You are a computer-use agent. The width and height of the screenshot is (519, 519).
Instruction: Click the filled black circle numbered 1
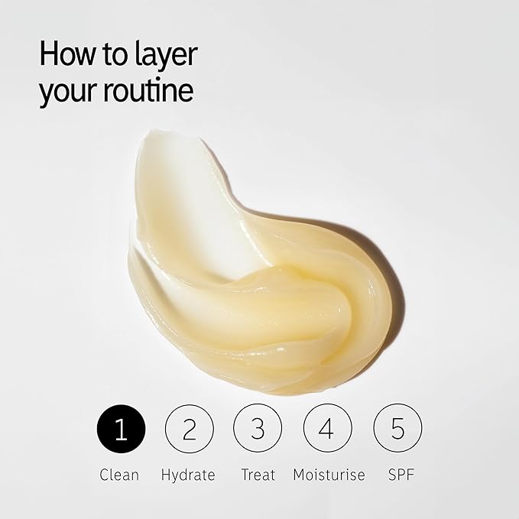[121, 429]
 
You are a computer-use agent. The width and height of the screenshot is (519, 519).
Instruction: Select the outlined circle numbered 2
[190, 429]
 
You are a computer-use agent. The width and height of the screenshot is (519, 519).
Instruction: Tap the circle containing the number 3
[258, 429]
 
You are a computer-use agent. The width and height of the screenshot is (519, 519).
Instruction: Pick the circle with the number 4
[328, 429]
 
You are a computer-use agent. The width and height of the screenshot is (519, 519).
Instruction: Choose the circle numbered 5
[398, 429]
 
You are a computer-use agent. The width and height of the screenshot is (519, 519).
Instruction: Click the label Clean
[119, 475]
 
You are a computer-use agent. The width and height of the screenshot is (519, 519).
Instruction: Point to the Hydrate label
[188, 475]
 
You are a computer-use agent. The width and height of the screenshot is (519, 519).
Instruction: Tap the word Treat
[258, 475]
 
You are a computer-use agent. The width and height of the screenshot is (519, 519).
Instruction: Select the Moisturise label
[329, 475]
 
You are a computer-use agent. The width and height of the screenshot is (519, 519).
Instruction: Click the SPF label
[401, 475]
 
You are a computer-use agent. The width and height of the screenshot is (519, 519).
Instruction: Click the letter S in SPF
[392, 475]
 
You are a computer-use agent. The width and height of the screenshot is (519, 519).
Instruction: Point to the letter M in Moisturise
[299, 475]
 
